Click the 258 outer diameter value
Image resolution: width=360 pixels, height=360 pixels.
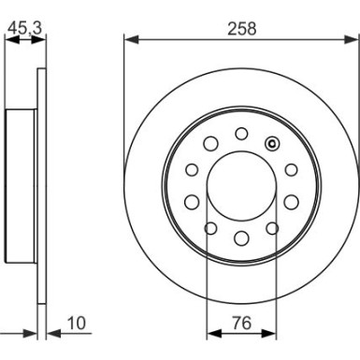tap(241, 28)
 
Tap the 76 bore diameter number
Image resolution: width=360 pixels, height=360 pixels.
tap(240, 325)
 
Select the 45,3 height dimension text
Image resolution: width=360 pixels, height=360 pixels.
tap(23, 28)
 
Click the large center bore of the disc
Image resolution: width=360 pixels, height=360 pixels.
tap(240, 184)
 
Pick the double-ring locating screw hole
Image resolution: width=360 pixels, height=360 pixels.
tap(272, 143)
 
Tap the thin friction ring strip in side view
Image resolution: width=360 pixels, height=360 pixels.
tap(39, 187)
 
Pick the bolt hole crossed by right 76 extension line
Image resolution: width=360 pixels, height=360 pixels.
tap(271, 227)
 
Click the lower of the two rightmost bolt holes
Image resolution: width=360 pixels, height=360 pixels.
tap(290, 201)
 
